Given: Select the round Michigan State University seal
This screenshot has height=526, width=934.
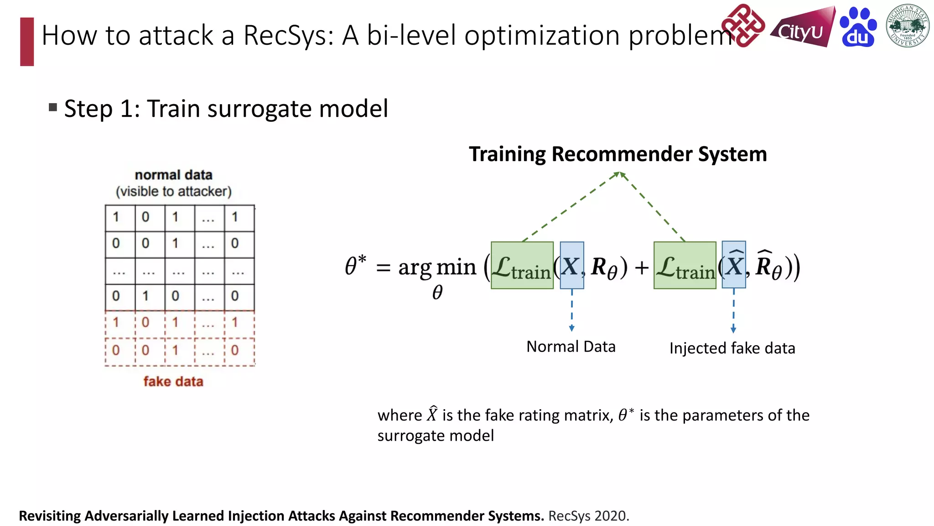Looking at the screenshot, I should [x=908, y=26].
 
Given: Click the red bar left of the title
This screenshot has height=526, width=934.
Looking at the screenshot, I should [x=27, y=42].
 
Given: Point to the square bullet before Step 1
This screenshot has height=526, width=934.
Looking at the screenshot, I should [x=53, y=108].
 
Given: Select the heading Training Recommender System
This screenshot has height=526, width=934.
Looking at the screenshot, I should [x=617, y=154].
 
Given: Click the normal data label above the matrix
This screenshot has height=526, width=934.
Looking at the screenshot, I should [x=173, y=175].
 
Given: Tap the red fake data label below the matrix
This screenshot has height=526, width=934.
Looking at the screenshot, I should [x=173, y=382].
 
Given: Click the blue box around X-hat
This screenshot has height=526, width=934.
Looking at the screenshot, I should [x=734, y=265].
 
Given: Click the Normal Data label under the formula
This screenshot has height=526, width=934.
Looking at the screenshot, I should [x=571, y=347].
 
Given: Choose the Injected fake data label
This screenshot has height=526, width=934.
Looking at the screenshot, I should [x=732, y=348].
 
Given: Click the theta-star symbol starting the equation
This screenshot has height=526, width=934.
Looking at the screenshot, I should [x=355, y=266].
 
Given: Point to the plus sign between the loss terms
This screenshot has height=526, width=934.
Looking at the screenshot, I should [x=641, y=268].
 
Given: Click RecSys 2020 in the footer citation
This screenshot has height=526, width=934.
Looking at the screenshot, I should [x=588, y=516].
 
